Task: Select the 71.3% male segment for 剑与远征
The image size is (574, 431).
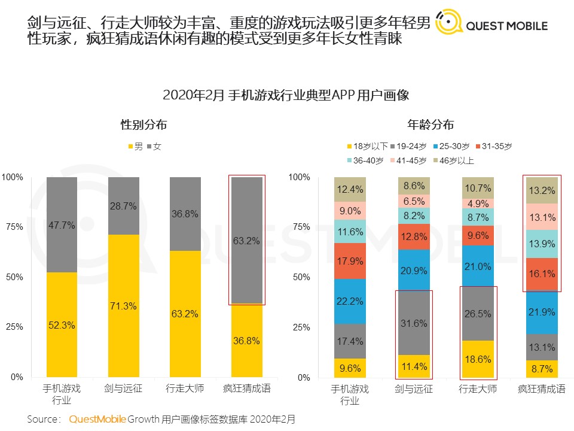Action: tap(123, 305)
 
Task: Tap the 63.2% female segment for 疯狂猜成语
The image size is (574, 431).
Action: tap(246, 240)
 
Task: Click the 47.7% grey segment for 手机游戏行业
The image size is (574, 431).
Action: tap(62, 224)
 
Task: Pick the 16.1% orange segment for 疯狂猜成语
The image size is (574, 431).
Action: tap(542, 274)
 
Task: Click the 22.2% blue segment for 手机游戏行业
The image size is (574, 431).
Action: tap(350, 301)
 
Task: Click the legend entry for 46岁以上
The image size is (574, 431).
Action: tap(453, 160)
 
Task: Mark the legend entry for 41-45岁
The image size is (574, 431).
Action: tap(407, 160)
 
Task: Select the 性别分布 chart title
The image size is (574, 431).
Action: tap(143, 125)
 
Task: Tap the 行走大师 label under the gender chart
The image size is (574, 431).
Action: tap(185, 388)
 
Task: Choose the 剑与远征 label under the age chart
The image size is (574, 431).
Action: tap(414, 389)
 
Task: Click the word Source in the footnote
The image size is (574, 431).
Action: tap(43, 419)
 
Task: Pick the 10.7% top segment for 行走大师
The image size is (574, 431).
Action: tap(478, 188)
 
